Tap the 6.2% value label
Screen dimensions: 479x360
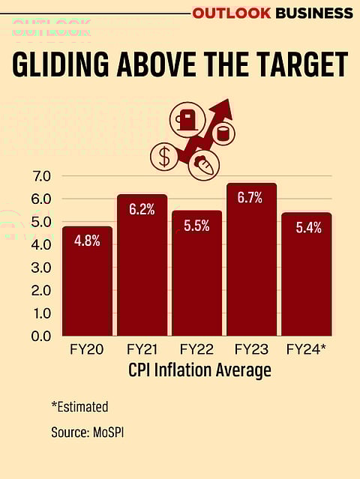coord(142,210)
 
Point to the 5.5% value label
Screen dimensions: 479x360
coord(196,226)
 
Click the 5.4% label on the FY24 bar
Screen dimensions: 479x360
coord(306,228)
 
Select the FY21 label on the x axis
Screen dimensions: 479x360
coord(142,350)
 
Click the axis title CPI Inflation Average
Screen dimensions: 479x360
coord(199,370)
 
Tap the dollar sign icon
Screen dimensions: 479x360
coord(164,157)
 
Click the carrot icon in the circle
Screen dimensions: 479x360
coord(202,163)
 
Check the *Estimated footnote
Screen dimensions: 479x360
coord(80,407)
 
